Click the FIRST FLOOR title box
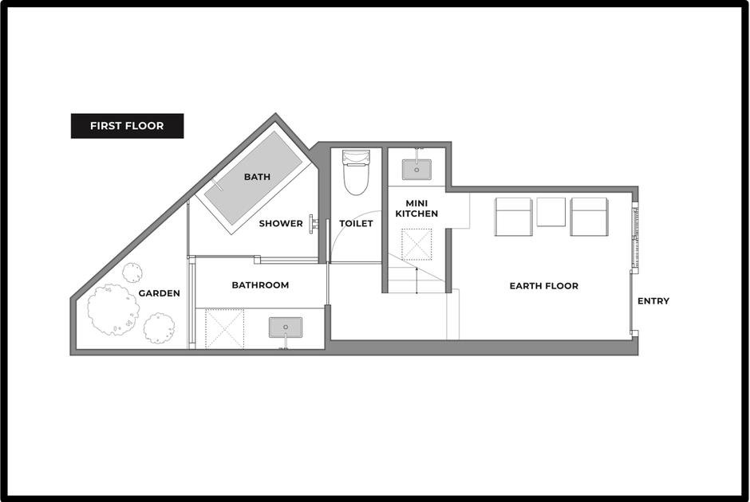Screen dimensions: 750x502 pos(127,126)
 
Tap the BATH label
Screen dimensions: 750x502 pos(258,177)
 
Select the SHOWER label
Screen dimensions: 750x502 pos(281,223)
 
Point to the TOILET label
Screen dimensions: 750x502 pos(356,223)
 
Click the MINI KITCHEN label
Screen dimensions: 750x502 pos(416,209)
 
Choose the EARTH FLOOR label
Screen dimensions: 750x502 pos(544,285)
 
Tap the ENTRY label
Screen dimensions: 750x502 pos(653,301)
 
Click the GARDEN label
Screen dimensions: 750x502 pos(160,293)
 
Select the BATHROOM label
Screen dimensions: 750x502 pos(260,285)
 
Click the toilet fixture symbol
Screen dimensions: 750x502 pos(357,172)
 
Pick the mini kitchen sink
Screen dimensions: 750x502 pos(416,170)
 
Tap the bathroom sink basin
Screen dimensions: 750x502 pos(286,327)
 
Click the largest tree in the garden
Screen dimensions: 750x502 pos(113,309)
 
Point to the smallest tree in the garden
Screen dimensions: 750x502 pos(132,273)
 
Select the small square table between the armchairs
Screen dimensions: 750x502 pos(551,212)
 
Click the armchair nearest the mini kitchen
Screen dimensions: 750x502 pos(513,217)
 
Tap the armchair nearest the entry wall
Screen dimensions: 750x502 pos(590,217)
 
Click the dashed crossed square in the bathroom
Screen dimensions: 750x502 pos(224,328)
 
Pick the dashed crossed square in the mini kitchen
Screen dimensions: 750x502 pos(416,245)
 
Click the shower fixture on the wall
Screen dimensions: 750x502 pos(314,224)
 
